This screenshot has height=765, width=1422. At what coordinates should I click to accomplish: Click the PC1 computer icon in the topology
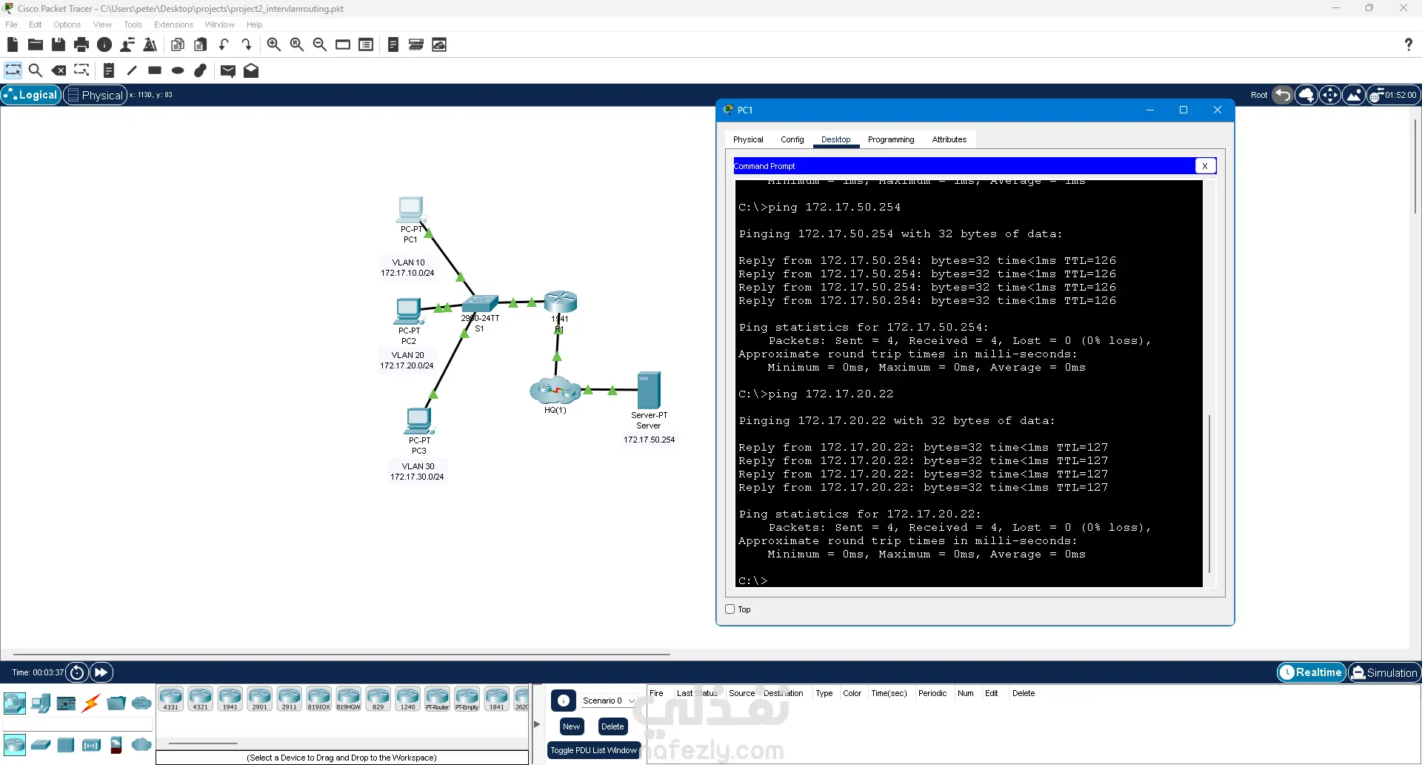point(410,209)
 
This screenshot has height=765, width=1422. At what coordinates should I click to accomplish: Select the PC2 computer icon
point(408,311)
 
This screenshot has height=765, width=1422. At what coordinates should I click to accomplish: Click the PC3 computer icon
point(418,420)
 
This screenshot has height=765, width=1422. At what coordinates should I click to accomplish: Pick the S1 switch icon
point(480,303)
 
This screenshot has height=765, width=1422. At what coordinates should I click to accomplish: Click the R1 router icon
point(560,302)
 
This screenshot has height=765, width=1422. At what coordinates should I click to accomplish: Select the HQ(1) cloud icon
point(555,390)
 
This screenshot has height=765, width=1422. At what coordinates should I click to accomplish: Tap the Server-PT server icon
point(648,390)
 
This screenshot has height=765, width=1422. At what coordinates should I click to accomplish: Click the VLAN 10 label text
point(408,262)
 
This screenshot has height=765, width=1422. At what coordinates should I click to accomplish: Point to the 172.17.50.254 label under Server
point(649,440)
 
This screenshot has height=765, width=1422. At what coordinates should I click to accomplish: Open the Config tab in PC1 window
point(792,139)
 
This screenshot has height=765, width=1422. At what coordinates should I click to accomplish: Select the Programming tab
point(890,139)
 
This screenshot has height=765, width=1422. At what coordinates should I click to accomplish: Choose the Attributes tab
point(949,139)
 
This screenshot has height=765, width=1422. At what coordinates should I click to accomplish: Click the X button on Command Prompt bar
point(1205,166)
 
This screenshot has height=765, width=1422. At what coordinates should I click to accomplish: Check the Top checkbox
point(730,609)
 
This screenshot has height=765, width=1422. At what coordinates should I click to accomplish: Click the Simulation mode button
point(1383,672)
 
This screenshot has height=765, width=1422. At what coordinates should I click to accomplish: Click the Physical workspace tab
point(95,95)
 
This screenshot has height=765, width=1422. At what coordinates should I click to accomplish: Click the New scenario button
point(571,726)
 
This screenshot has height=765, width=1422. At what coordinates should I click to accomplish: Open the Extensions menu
point(173,24)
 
